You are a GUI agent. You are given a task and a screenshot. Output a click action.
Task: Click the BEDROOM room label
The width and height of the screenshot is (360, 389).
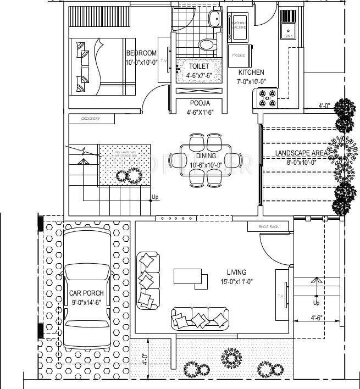point(141,53)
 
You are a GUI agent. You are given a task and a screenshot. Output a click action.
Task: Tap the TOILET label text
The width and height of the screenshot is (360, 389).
point(198,66)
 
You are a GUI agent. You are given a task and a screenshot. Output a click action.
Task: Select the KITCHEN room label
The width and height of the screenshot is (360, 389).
point(251,73)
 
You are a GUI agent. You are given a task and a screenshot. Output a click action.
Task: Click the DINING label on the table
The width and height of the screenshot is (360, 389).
point(206,156)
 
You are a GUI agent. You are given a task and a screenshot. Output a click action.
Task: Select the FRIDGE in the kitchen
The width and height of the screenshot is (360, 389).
point(240,55)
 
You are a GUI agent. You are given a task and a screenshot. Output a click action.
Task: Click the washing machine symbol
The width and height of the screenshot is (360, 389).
point(239,25)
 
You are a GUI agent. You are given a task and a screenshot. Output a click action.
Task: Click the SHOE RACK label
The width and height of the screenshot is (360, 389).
point(270,226)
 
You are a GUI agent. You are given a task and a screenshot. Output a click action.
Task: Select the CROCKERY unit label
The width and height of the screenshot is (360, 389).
point(90,119)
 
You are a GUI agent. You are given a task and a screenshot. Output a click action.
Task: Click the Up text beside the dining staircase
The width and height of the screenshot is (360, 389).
point(155,197)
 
